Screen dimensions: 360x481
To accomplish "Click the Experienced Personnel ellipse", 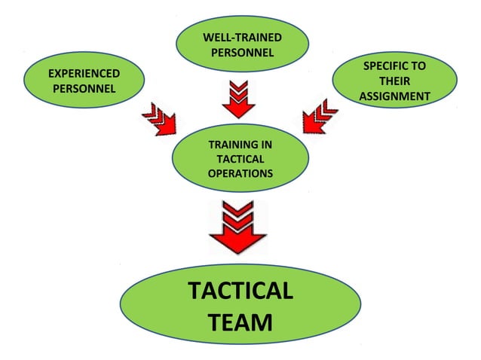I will pyautogui.click(x=83, y=81).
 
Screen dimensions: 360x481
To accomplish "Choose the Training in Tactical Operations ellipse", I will pyautogui.click(x=240, y=159).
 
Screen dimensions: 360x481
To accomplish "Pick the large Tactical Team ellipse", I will pyautogui.click(x=240, y=307).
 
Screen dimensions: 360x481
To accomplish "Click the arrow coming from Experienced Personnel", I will pyautogui.click(x=158, y=120).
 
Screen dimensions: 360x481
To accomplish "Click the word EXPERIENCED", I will pyautogui.click(x=83, y=74).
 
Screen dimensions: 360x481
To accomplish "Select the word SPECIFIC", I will pyautogui.click(x=394, y=66).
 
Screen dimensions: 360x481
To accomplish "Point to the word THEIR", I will pyautogui.click(x=394, y=81).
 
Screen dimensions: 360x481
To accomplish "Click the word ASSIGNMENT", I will pyautogui.click(x=394, y=96).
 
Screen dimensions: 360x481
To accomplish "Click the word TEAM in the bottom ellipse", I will pyautogui.click(x=240, y=323).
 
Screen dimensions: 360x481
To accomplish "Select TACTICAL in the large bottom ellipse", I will pyautogui.click(x=240, y=291).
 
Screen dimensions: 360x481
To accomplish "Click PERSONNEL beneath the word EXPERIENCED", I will pyautogui.click(x=83, y=89).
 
